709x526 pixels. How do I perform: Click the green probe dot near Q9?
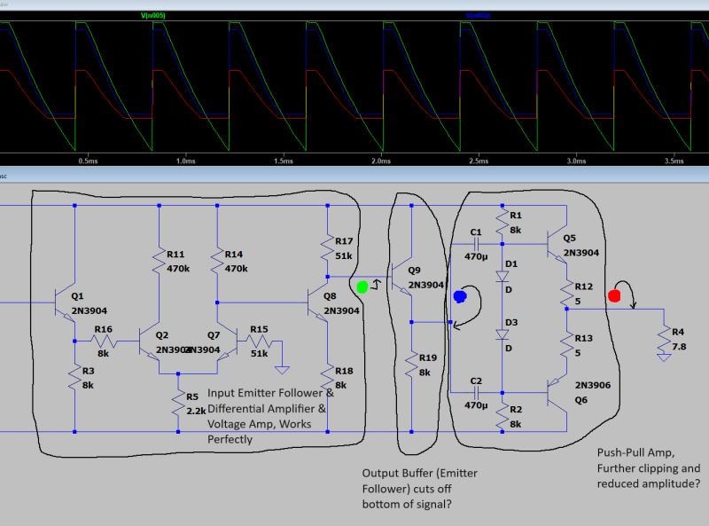point(362,287)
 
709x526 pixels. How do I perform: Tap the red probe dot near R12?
point(614,295)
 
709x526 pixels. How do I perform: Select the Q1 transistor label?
point(77,295)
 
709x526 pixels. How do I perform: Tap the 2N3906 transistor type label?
point(593,385)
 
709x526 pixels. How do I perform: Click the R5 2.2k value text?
point(197,412)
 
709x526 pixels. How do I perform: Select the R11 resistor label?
point(175,253)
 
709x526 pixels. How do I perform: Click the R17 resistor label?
point(344,240)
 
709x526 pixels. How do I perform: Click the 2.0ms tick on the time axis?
point(380,161)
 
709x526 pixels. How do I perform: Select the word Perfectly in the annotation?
point(232,438)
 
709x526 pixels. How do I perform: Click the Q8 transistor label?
point(331,295)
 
